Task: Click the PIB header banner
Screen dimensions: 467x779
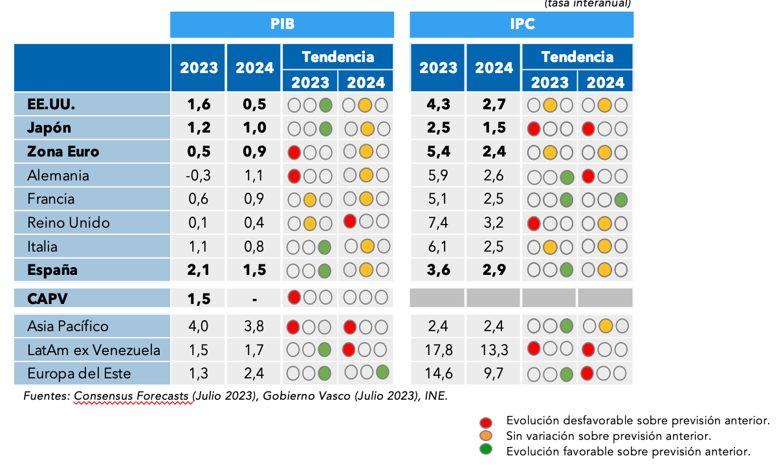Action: (x=282, y=25)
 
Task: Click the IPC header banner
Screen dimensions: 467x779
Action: (x=521, y=25)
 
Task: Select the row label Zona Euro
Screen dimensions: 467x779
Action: (x=63, y=152)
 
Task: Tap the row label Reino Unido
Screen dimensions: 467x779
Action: (x=69, y=223)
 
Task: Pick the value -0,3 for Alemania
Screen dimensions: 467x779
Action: (x=199, y=176)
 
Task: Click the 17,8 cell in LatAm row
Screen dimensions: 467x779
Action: (x=438, y=351)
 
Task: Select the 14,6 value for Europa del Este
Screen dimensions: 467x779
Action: (x=438, y=374)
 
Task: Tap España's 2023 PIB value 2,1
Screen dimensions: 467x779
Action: (x=199, y=270)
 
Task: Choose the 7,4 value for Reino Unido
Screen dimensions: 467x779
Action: (x=438, y=223)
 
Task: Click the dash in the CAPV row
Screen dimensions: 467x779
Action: (x=255, y=299)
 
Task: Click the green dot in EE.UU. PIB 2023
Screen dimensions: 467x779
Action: (x=325, y=105)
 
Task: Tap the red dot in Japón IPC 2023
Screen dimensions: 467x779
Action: (x=534, y=128)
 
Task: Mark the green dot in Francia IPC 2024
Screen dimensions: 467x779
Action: (x=620, y=199)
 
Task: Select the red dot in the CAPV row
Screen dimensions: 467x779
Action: (x=294, y=298)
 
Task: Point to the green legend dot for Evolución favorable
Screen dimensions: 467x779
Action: (x=487, y=450)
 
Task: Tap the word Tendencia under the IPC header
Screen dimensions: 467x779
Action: (x=577, y=57)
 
